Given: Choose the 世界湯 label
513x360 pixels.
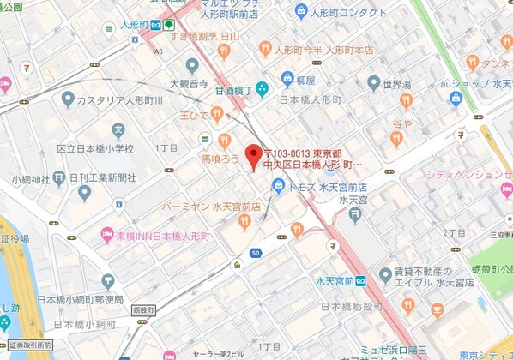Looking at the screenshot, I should (x=397, y=84).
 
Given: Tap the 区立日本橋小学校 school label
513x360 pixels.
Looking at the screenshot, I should (x=95, y=149).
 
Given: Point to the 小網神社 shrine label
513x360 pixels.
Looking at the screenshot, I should (x=30, y=179).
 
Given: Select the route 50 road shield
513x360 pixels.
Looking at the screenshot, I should (x=256, y=253).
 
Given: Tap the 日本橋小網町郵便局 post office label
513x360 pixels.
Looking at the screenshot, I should (x=83, y=301).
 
